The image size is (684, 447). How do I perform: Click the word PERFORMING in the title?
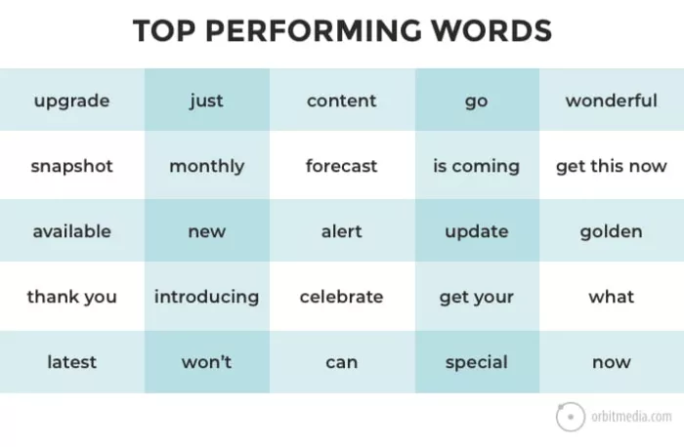[331, 30]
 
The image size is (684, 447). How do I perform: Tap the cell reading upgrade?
[71, 101]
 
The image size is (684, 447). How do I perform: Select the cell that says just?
[206, 101]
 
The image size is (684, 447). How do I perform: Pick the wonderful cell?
[611, 101]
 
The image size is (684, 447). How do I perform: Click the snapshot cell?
[71, 166]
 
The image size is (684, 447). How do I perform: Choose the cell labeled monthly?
[206, 166]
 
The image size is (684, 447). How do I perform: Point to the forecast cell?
[341, 166]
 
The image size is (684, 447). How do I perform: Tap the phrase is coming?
[476, 166]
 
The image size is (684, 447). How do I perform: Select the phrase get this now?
[611, 166]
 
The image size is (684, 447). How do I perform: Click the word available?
[71, 231]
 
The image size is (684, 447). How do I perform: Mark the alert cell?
[341, 231]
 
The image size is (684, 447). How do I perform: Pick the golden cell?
[611, 231]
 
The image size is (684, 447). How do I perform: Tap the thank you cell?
[71, 297]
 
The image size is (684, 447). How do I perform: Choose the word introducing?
[206, 297]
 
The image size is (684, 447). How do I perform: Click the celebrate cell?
[341, 297]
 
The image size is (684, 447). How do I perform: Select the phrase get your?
[476, 297]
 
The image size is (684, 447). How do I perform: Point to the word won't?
[206, 362]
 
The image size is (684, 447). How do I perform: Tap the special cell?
[476, 362]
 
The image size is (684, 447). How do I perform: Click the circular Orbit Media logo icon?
[571, 417]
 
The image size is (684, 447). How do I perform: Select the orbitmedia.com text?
[632, 417]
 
